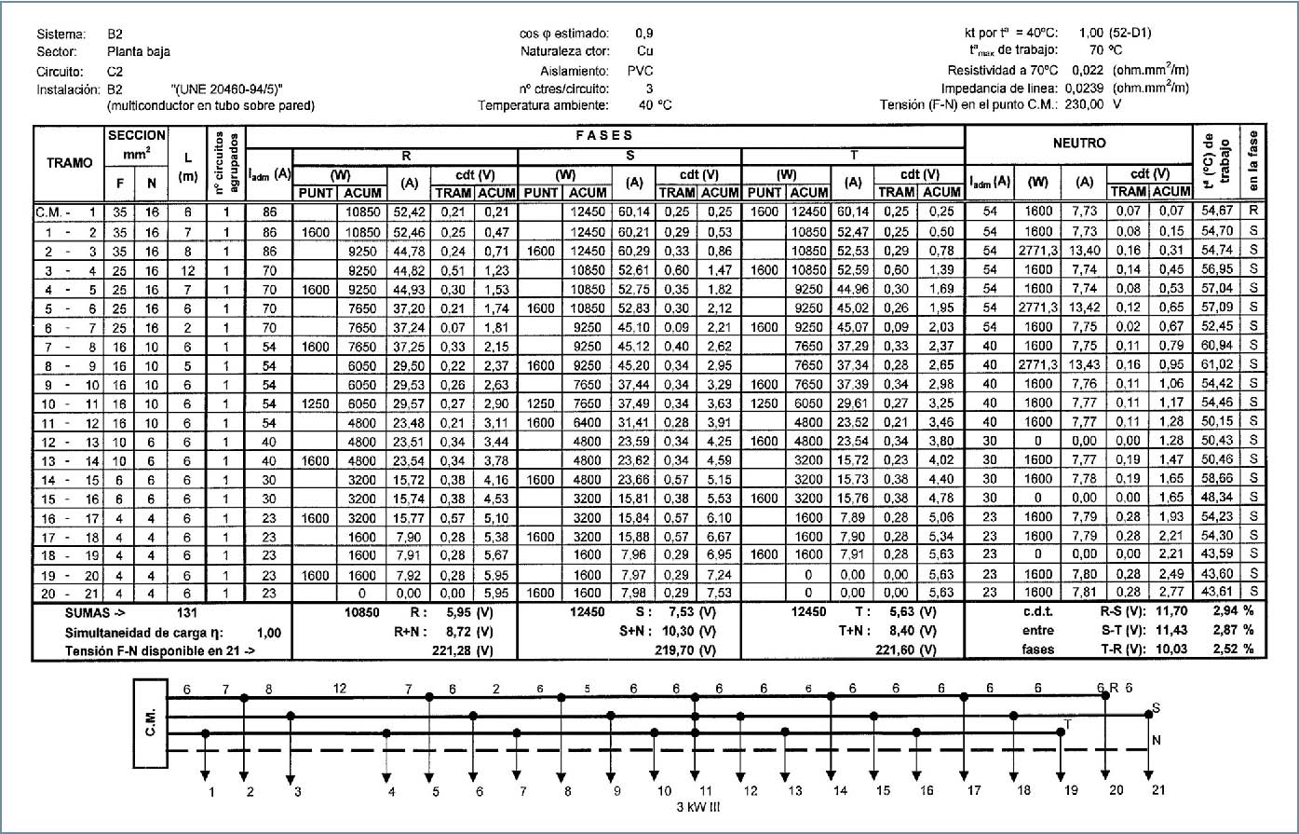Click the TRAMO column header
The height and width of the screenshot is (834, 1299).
coord(70,163)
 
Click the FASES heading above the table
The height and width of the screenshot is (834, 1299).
coord(609,136)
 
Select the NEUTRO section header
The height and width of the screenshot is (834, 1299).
coord(1079,144)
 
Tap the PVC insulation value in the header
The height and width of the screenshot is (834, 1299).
coord(640,71)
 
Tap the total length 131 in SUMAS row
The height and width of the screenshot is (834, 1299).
coord(186,613)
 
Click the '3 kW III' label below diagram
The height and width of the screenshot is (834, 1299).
coord(697,807)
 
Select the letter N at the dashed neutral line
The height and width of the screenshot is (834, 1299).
coord(1157,742)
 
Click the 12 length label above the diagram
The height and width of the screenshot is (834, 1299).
coord(340,688)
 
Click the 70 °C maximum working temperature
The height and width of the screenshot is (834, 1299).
coord(1105,51)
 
